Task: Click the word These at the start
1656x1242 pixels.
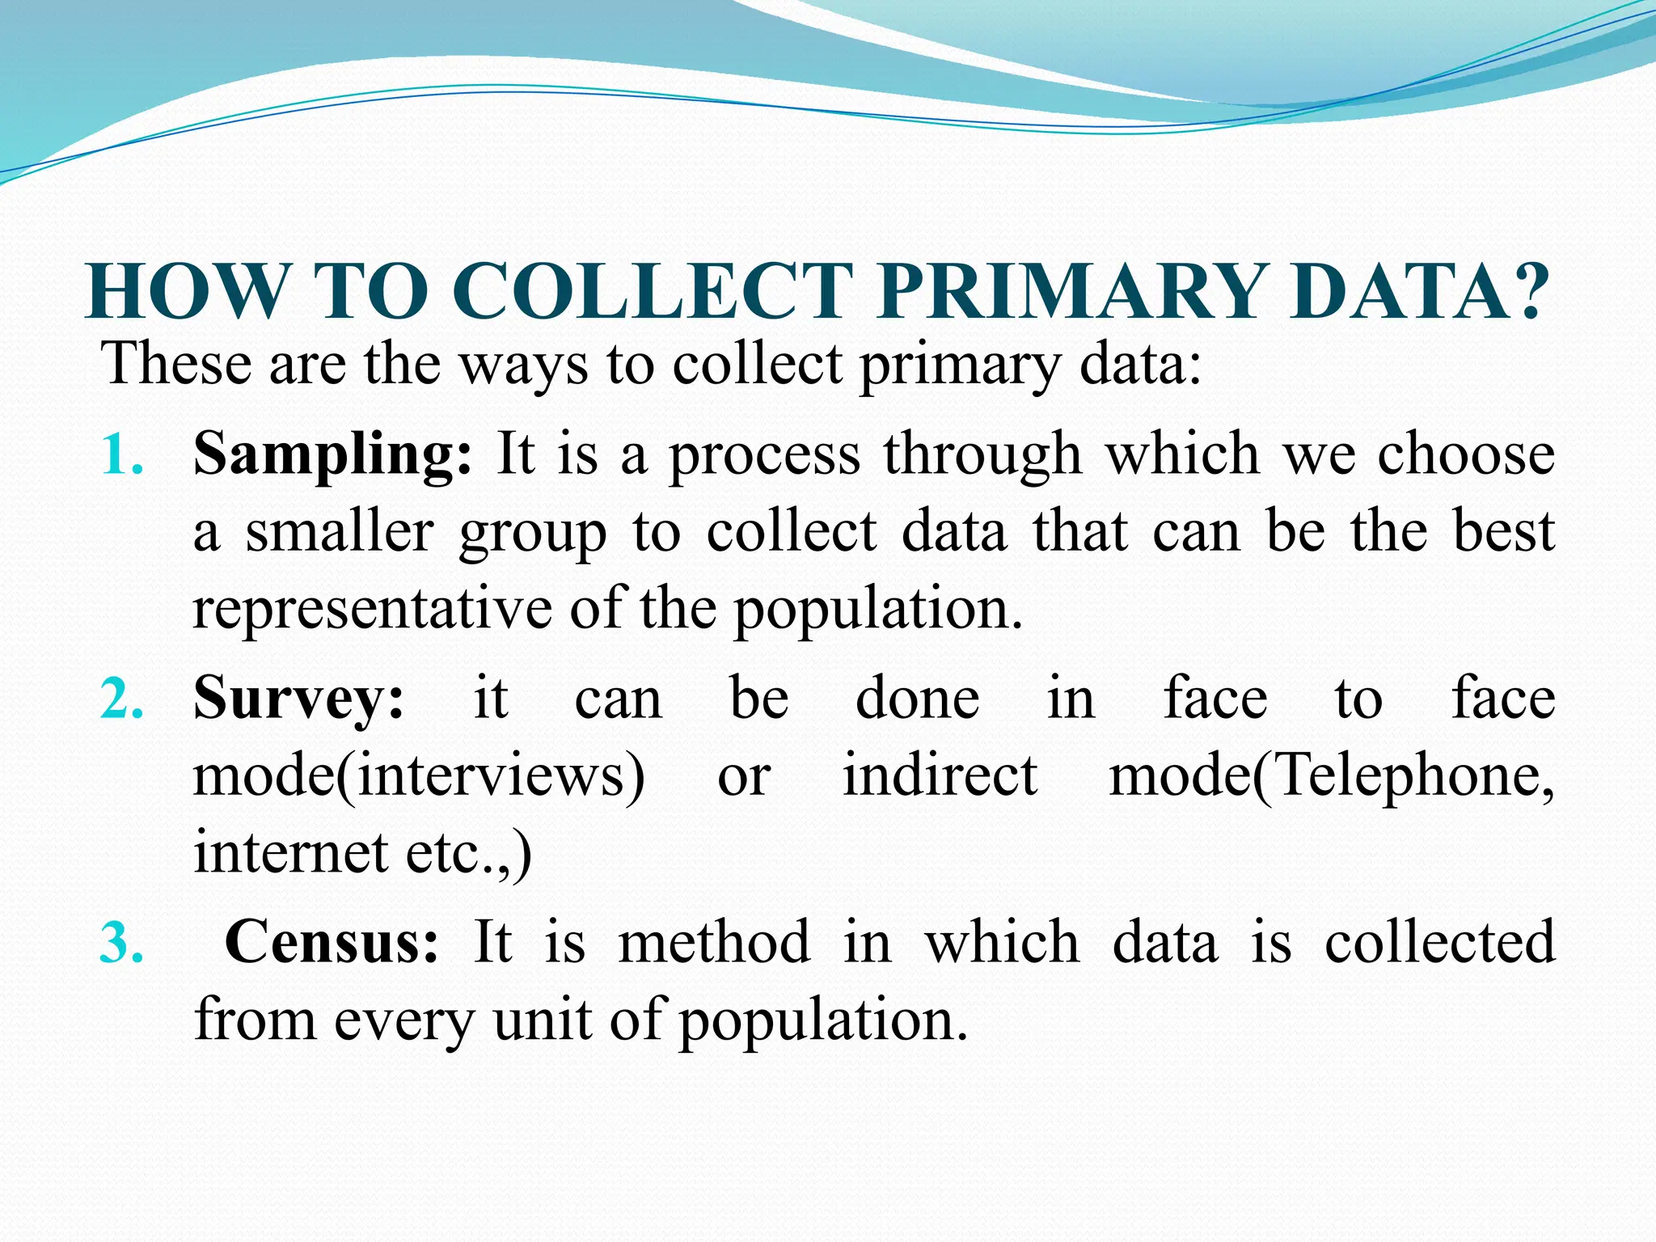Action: (x=176, y=364)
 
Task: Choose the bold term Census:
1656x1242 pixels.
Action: (x=332, y=943)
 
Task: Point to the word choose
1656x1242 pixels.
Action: (x=1466, y=454)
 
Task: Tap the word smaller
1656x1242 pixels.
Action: (x=340, y=533)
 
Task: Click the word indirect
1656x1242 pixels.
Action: (x=940, y=775)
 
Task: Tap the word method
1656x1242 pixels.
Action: (x=714, y=943)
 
